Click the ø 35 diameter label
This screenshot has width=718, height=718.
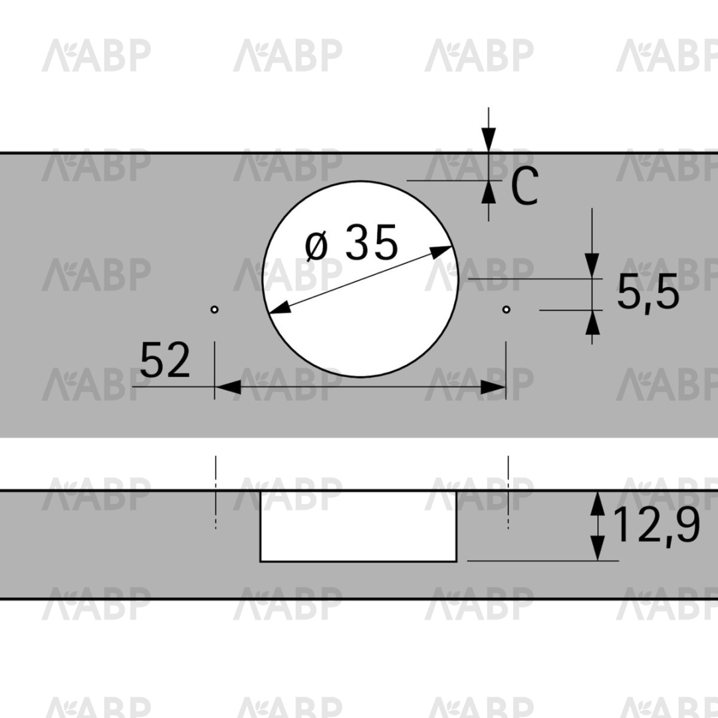(x=351, y=242)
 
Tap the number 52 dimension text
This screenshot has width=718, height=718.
(x=164, y=360)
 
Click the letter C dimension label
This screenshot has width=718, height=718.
(x=525, y=186)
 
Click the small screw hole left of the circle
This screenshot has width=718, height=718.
(x=214, y=310)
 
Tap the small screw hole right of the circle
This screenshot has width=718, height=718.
(x=506, y=310)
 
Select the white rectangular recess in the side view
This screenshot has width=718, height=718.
(x=358, y=526)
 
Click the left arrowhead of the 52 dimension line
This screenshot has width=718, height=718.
(x=227, y=387)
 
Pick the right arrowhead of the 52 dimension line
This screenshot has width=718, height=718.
(x=493, y=387)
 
